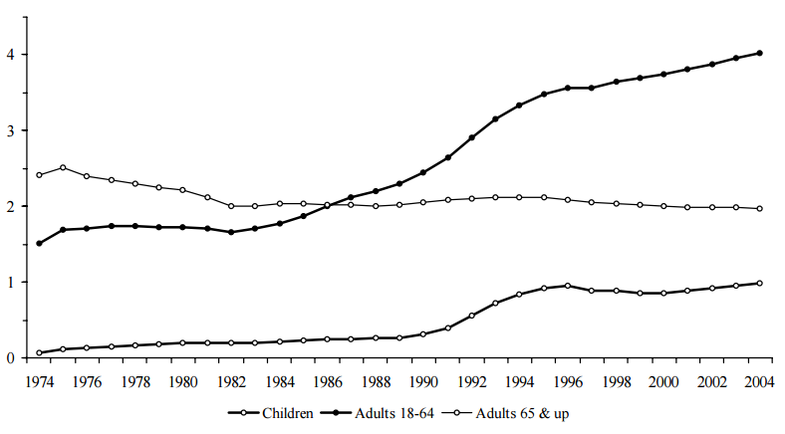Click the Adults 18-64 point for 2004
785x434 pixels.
(759, 53)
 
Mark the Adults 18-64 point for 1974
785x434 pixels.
(39, 243)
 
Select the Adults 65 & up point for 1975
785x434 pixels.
(63, 167)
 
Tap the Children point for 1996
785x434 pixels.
(568, 286)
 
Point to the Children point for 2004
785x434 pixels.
(759, 283)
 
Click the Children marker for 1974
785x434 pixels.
(39, 352)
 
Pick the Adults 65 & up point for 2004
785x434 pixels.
(759, 208)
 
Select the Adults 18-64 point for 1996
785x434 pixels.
(568, 88)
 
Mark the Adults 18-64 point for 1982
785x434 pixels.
(231, 232)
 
